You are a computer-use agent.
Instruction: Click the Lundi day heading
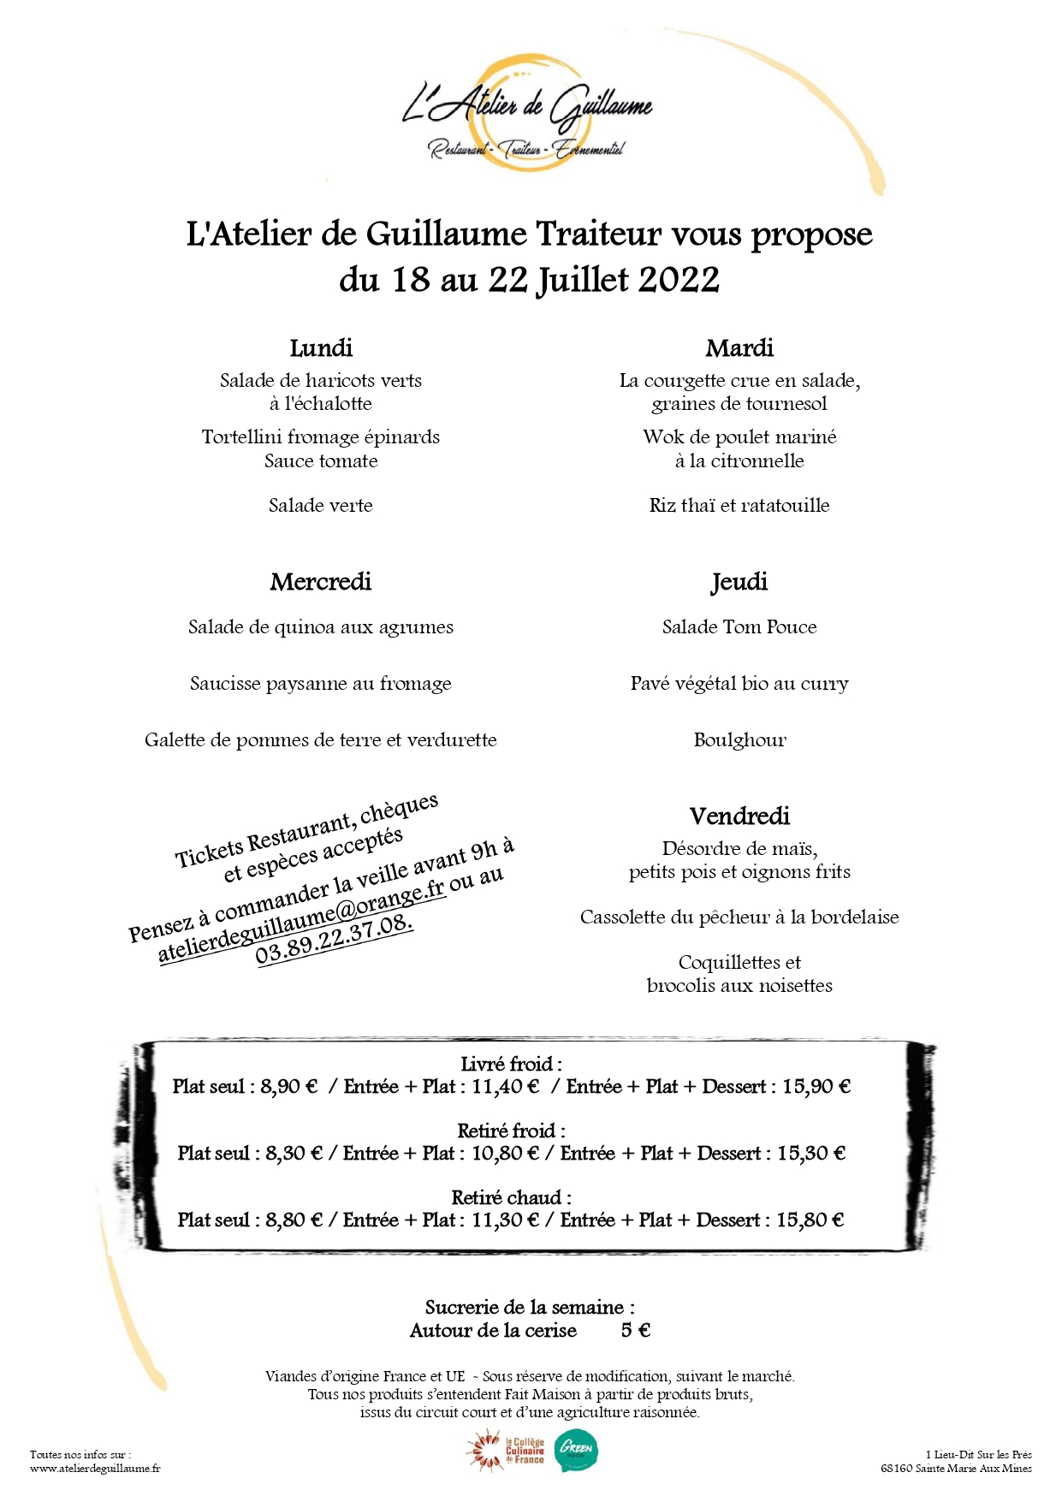[321, 348]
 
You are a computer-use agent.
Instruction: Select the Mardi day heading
[739, 348]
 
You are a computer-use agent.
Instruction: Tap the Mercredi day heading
[321, 582]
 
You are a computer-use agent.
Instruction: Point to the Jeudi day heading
[739, 583]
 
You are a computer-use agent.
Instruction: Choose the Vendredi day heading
[739, 816]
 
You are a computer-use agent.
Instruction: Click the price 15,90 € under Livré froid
[816, 1087]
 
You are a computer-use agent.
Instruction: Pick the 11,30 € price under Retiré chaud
[505, 1220]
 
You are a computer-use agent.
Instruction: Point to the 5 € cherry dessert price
[636, 1331]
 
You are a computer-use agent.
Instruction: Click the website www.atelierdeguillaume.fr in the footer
[95, 1469]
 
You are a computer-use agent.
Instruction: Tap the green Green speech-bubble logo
[577, 1452]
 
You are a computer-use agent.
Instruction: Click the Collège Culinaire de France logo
[507, 1452]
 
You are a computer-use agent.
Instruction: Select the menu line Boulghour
[739, 740]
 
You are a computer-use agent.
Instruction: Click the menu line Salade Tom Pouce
[739, 627]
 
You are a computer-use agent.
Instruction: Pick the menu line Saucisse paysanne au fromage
[321, 684]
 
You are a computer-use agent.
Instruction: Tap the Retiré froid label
[511, 1131]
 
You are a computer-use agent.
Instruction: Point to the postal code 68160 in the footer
[897, 1469]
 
